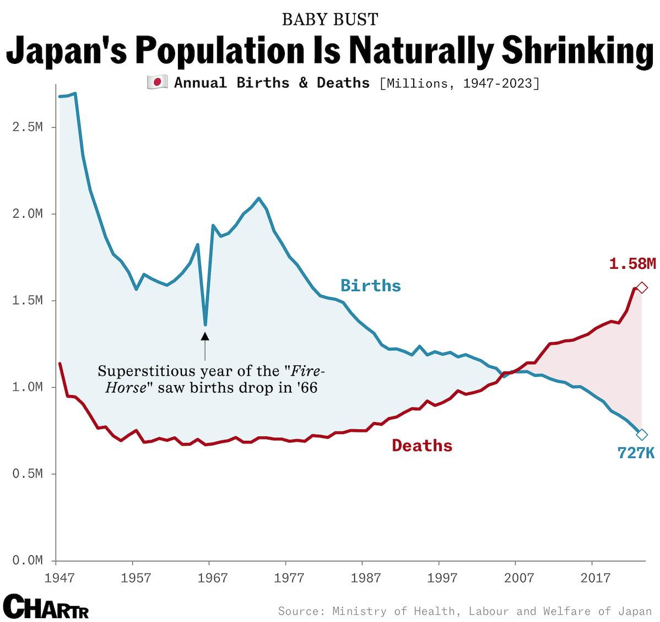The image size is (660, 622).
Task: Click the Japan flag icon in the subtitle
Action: [x=157, y=83]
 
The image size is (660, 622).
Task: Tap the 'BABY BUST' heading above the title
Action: [x=330, y=19]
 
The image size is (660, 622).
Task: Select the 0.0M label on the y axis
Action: [x=27, y=560]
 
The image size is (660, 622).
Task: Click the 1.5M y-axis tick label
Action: [x=27, y=301]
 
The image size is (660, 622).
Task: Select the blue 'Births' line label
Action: [x=370, y=285]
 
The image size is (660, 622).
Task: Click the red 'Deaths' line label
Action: [x=422, y=445]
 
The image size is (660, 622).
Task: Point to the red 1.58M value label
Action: [x=632, y=264]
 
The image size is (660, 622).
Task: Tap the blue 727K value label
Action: [x=636, y=453]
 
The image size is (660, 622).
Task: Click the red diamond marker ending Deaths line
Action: [x=642, y=288]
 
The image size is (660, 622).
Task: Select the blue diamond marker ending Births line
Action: [x=642, y=434]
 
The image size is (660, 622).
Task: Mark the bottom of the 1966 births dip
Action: [x=205, y=324]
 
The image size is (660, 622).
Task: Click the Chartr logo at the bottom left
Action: [x=46, y=607]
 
